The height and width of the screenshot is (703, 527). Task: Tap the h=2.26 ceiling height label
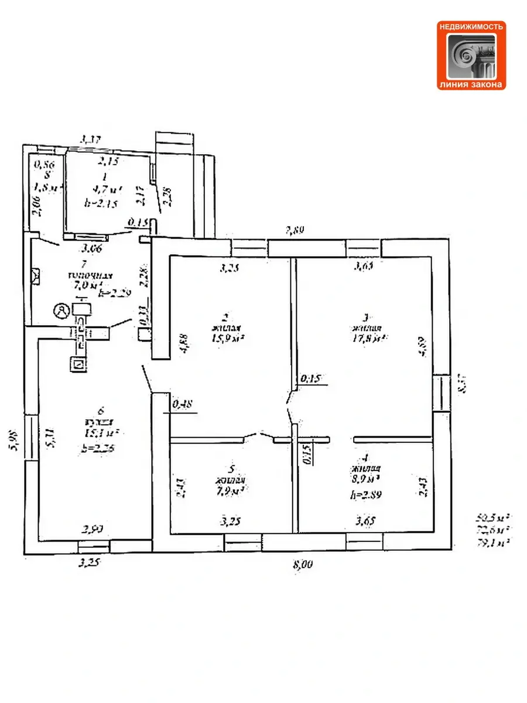click(x=97, y=450)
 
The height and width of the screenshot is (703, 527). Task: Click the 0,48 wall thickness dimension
click(x=183, y=404)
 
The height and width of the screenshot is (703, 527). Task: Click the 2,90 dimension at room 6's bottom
click(x=93, y=530)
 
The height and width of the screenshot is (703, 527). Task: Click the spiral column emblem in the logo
click(x=471, y=56)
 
